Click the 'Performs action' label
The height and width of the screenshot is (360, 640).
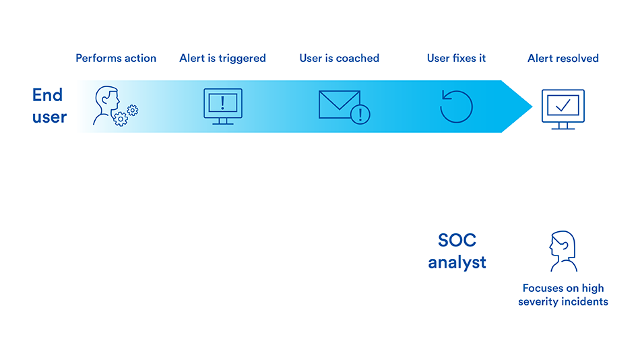click(116, 59)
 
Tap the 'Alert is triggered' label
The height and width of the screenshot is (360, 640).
click(222, 59)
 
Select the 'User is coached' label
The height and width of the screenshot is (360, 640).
click(339, 59)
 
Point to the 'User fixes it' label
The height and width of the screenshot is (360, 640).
click(456, 59)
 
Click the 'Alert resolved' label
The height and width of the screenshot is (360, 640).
click(563, 59)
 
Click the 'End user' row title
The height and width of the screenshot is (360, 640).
click(49, 106)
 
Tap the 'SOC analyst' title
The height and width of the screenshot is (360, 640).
click(457, 251)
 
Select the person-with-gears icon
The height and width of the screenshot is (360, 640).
click(115, 106)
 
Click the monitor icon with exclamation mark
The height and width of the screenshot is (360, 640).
click(223, 107)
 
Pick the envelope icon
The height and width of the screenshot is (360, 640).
click(339, 104)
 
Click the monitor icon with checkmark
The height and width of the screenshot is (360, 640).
click(563, 109)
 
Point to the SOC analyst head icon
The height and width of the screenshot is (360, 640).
click(563, 251)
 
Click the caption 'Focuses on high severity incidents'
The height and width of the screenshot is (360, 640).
click(563, 295)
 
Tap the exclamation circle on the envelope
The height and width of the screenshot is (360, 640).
click(360, 114)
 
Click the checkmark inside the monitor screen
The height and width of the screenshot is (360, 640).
click(563, 106)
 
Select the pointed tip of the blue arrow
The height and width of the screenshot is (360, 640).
click(532, 107)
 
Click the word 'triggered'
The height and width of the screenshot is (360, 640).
click(242, 59)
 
